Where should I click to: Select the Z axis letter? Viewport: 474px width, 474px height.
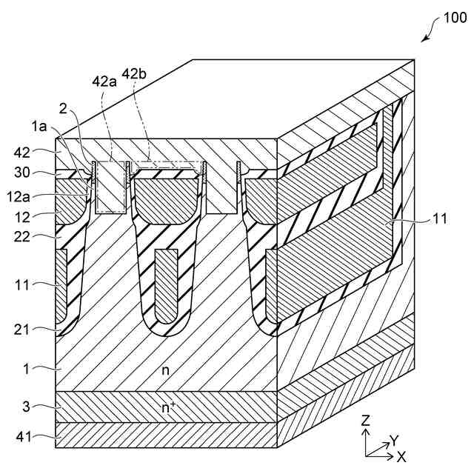[x=366, y=420]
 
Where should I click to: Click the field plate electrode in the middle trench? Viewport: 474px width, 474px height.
[x=167, y=281]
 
